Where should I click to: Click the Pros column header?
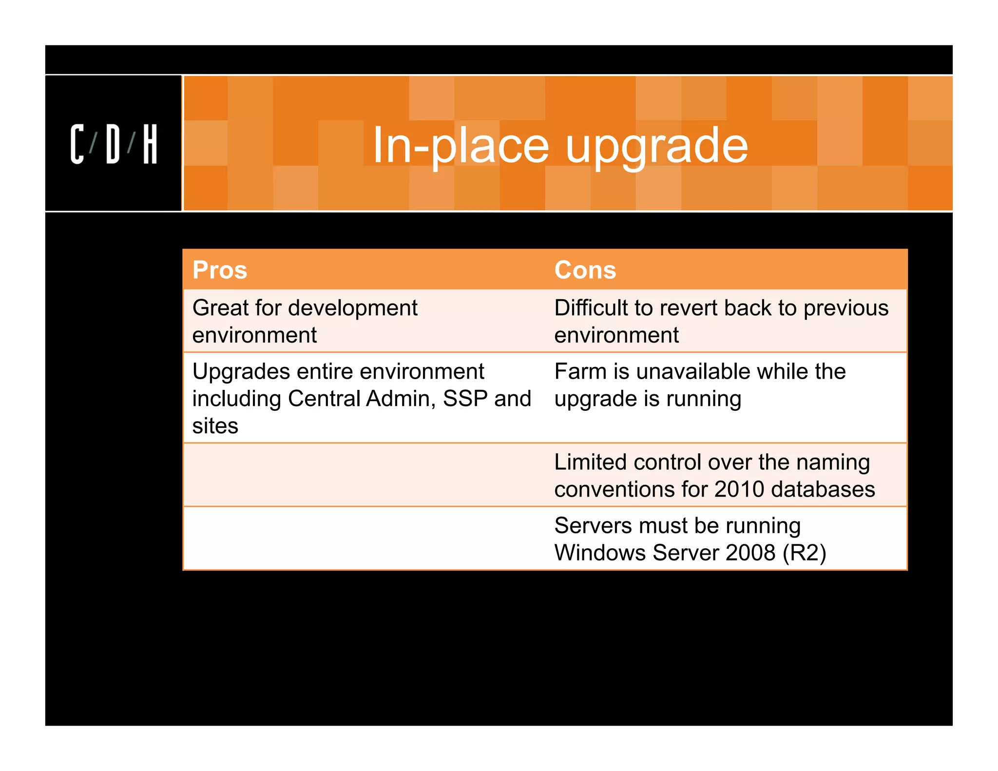click(x=220, y=270)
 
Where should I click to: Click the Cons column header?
click(x=585, y=270)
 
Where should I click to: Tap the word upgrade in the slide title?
click(x=656, y=145)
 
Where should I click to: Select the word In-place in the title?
click(x=461, y=145)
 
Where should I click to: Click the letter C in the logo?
click(x=77, y=144)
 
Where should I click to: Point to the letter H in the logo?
click(x=150, y=144)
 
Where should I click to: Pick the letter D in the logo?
click(x=113, y=144)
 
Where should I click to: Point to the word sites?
click(x=215, y=426)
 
